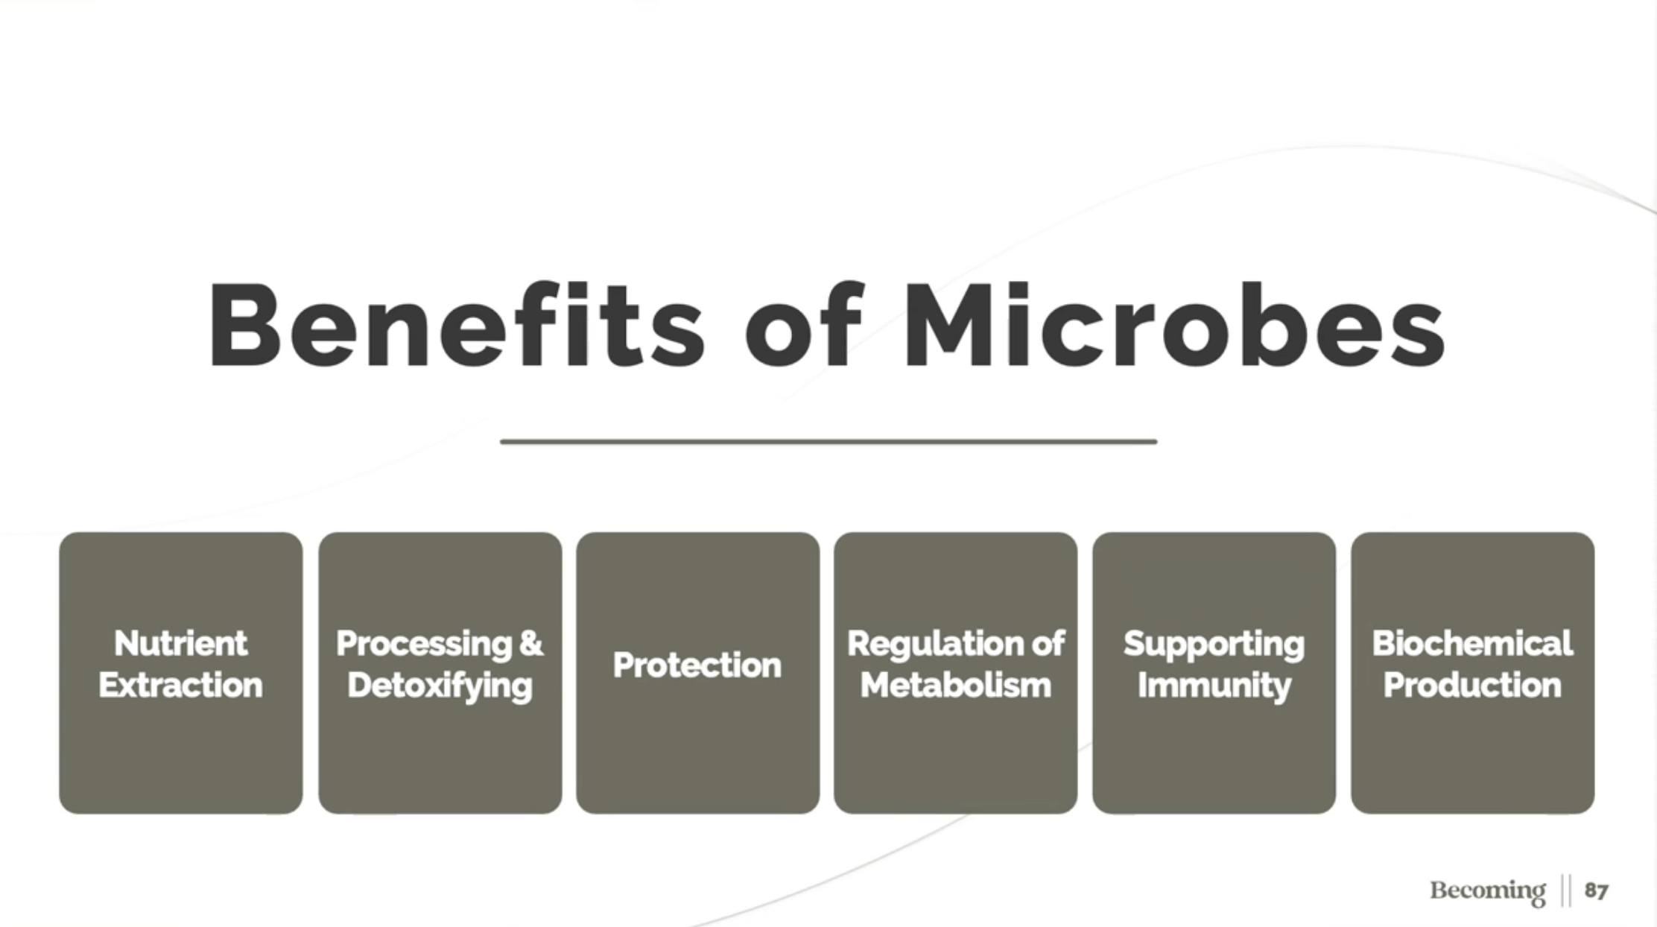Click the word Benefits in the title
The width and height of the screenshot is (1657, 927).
(456, 325)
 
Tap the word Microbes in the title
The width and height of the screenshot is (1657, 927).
(1175, 325)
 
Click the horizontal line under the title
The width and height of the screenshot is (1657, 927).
(828, 442)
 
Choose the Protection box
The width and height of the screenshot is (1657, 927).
(697, 672)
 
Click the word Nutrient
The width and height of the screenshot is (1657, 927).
(180, 643)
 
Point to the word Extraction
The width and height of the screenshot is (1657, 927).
(180, 685)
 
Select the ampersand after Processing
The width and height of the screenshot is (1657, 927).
(531, 644)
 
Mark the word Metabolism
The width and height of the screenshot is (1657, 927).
(956, 685)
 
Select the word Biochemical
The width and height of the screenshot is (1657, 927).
(1472, 643)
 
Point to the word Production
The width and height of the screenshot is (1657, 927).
(1472, 685)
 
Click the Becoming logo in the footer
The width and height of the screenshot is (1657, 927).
(1487, 891)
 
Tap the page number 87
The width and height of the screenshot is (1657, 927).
(1596, 890)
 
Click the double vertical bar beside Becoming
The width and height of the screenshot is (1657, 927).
(1565, 890)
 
